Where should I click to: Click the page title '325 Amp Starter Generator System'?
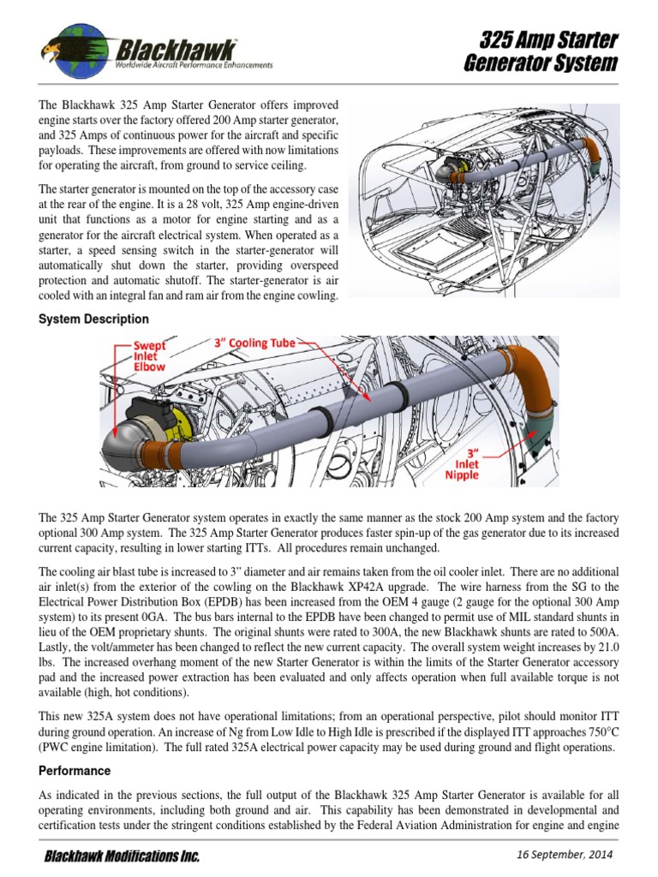click(x=548, y=51)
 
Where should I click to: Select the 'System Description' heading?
click(x=93, y=319)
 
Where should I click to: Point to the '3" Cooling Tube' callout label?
click(x=254, y=343)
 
